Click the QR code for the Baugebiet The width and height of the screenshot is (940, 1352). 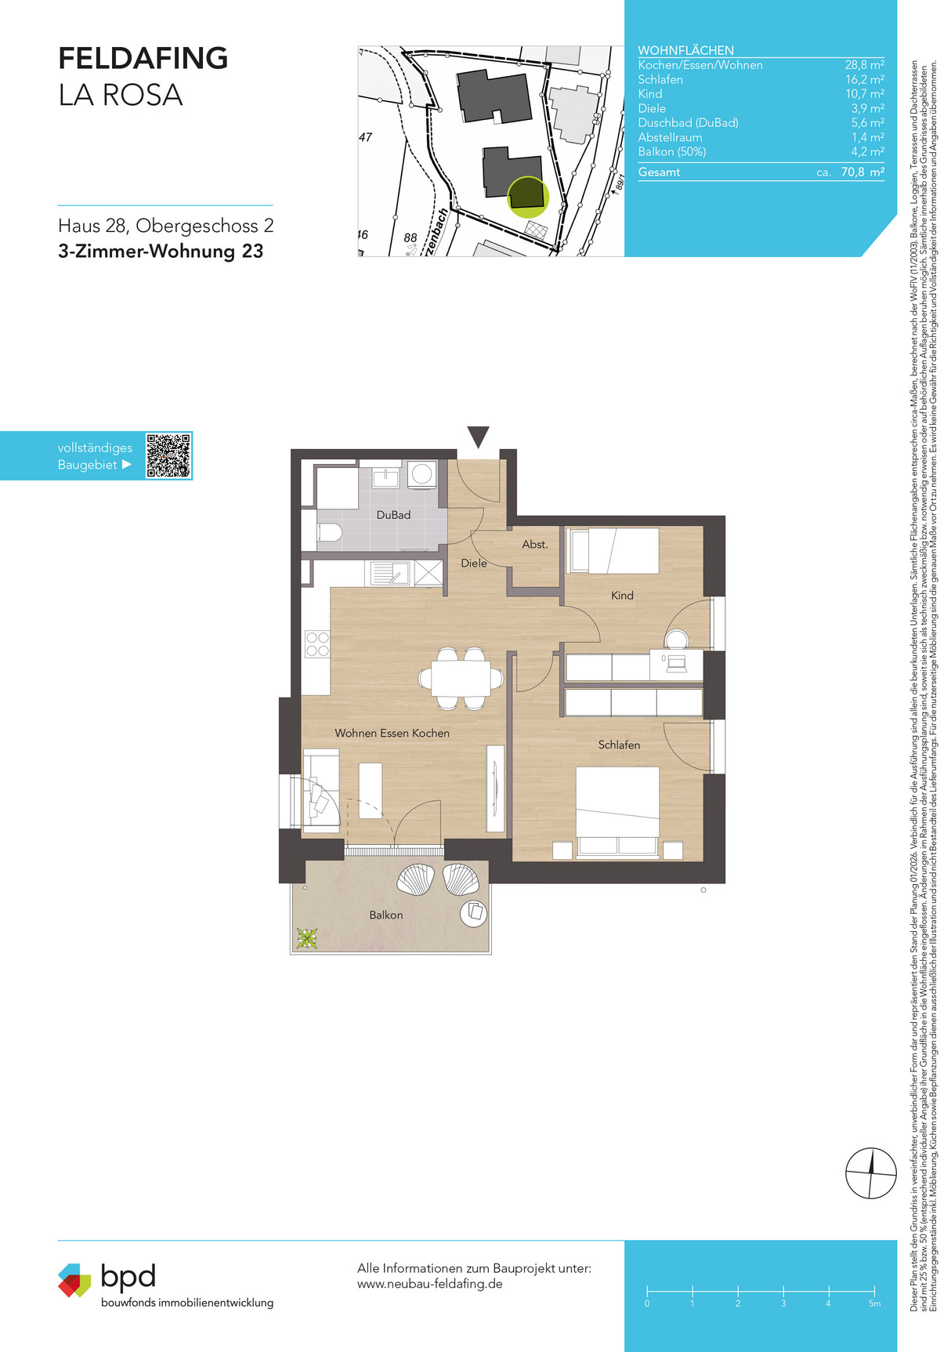pyautogui.click(x=168, y=455)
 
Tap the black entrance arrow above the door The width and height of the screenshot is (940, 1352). pyautogui.click(x=478, y=437)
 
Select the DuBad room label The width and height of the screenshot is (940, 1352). pyautogui.click(x=393, y=515)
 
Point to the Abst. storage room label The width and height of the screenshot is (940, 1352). pyautogui.click(x=535, y=544)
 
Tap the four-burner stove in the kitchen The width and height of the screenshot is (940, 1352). pyautogui.click(x=317, y=643)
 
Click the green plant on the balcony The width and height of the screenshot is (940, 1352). pyautogui.click(x=306, y=937)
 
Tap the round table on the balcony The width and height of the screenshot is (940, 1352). pyautogui.click(x=474, y=912)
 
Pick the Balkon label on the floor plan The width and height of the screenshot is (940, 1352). pyautogui.click(x=386, y=915)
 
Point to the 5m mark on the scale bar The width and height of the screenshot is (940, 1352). pyautogui.click(x=874, y=1303)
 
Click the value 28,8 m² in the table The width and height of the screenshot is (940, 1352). pyautogui.click(x=865, y=65)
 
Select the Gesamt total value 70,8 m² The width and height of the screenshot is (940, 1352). pyautogui.click(x=862, y=172)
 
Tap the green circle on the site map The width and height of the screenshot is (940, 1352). pyautogui.click(x=528, y=196)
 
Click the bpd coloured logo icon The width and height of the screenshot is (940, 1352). pyautogui.click(x=74, y=1280)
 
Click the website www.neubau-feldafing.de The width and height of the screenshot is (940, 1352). pyautogui.click(x=430, y=1284)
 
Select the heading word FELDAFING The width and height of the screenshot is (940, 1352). pyautogui.click(x=143, y=58)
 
